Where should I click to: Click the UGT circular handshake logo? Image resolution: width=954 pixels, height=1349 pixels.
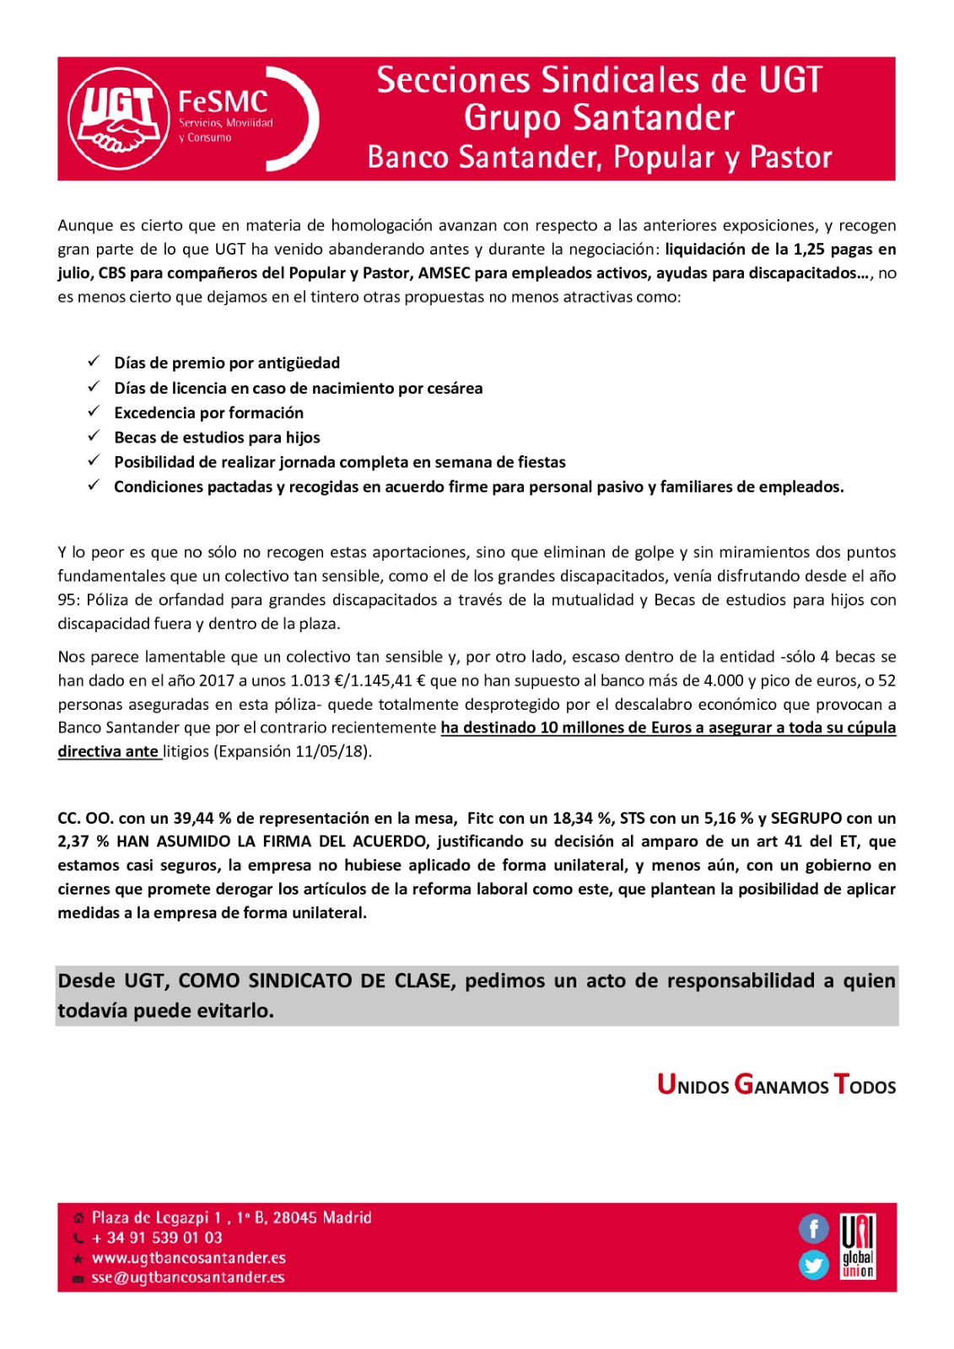coord(118,119)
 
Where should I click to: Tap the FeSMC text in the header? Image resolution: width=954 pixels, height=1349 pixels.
coord(223,102)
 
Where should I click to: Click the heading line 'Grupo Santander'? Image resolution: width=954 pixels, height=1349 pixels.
coord(599,118)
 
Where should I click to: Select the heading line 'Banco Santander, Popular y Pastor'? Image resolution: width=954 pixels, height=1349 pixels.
coord(599,158)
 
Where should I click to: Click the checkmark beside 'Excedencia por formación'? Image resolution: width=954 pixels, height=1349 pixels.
coord(94,411)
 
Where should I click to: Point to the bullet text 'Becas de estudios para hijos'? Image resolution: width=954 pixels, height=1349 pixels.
coord(217,437)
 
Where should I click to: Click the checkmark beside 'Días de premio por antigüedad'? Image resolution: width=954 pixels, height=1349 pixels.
coord(94,362)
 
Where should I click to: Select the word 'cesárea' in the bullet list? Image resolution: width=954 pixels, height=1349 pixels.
coord(455,388)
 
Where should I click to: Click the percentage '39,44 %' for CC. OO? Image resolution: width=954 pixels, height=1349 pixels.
coord(202,818)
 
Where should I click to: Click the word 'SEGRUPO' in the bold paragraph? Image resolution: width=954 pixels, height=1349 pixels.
coord(806,818)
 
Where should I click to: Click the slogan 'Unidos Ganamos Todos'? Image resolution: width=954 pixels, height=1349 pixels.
coord(776,1085)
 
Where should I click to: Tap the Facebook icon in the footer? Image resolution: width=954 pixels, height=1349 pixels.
coord(813,1228)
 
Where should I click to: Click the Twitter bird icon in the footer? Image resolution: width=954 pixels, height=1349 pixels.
coord(813,1265)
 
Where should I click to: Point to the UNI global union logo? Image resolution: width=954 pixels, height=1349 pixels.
coord(858,1246)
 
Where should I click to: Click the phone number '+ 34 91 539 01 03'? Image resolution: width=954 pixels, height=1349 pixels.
coord(157,1238)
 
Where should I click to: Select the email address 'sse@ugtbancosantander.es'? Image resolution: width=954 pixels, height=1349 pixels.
coord(188,1277)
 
